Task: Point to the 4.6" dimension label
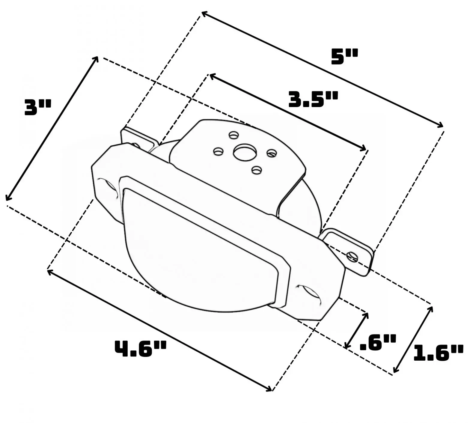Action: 140,348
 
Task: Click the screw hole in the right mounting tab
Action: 352,256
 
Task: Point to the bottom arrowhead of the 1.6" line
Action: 395,371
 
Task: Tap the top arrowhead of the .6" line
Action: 367,314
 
